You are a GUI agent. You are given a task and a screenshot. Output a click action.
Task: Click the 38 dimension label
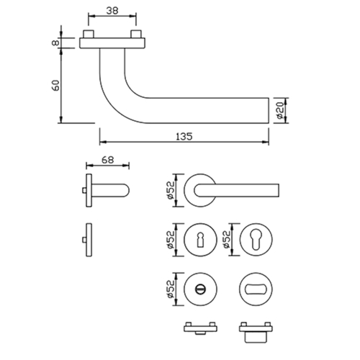pyautogui.click(x=112, y=11)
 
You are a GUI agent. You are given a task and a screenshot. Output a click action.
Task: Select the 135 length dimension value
pyautogui.click(x=184, y=137)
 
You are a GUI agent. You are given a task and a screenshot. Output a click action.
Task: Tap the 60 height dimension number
pyautogui.click(x=55, y=85)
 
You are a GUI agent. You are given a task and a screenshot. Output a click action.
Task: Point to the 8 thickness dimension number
pyautogui.click(x=55, y=43)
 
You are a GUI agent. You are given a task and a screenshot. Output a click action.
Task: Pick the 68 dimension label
pyautogui.click(x=108, y=160)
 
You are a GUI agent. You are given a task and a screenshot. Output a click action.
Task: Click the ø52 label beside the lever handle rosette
pyautogui.click(x=171, y=190)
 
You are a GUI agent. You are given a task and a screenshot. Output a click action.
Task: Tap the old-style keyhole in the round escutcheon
pyautogui.click(x=200, y=240)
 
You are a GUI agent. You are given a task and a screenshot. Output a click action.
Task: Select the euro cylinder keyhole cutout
pyautogui.click(x=256, y=240)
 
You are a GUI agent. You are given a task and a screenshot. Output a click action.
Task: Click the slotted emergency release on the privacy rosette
pyautogui.click(x=200, y=289)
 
